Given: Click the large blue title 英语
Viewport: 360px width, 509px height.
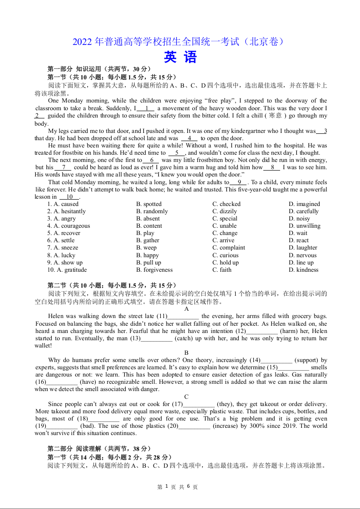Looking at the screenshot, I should (x=180, y=57).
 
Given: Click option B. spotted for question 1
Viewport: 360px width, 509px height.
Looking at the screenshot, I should (x=149, y=204).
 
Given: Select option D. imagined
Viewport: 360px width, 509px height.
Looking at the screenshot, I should (x=304, y=204).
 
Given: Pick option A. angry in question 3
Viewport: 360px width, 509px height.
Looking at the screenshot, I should (x=62, y=219).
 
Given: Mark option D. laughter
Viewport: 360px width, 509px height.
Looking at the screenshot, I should (x=303, y=248).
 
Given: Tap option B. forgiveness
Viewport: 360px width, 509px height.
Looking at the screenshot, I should (x=154, y=270).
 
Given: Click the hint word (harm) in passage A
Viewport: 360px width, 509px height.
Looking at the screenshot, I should (x=289, y=331).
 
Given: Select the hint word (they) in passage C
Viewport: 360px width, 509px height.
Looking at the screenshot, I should (x=226, y=404).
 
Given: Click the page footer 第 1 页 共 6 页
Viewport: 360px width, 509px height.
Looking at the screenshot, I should (x=178, y=487).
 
